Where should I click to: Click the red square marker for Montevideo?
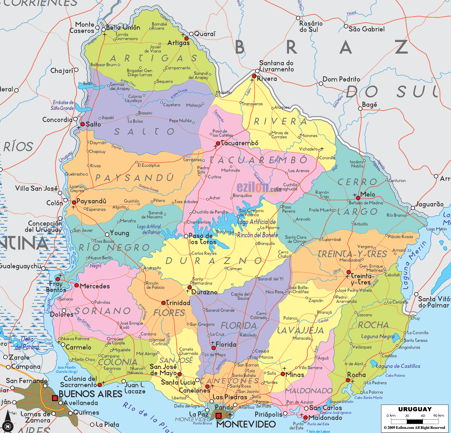pyautogui.click(x=218, y=416)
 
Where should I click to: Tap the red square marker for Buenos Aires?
pyautogui.click(x=55, y=398)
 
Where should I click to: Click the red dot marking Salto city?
pyautogui.click(x=82, y=124)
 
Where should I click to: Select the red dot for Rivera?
pyautogui.click(x=254, y=76)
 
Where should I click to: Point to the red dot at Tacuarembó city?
pyautogui.click(x=218, y=143)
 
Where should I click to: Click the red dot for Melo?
pyautogui.click(x=358, y=198)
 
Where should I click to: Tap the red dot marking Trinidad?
pyautogui.click(x=163, y=303)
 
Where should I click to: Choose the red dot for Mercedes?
pyautogui.click(x=77, y=285)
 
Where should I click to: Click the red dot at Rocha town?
pyautogui.click(x=348, y=380)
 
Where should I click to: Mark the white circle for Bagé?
pyautogui.click(x=360, y=109)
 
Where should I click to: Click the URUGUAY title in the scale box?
pyautogui.click(x=415, y=409)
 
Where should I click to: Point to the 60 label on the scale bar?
pyautogui.click(x=423, y=415)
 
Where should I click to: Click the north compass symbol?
pyautogui.click(x=8, y=426)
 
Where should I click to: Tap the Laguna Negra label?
pyautogui.click(x=378, y=336)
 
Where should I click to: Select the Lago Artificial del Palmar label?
pyautogui.click(x=149, y=229)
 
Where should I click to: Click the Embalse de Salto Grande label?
pyautogui.click(x=63, y=105)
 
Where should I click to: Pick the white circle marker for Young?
pyautogui.click(x=107, y=234)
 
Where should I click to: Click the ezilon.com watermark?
pyautogui.click(x=259, y=188)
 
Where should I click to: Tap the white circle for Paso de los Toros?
pyautogui.click(x=186, y=236)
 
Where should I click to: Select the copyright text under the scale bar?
pyautogui.click(x=414, y=428)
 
